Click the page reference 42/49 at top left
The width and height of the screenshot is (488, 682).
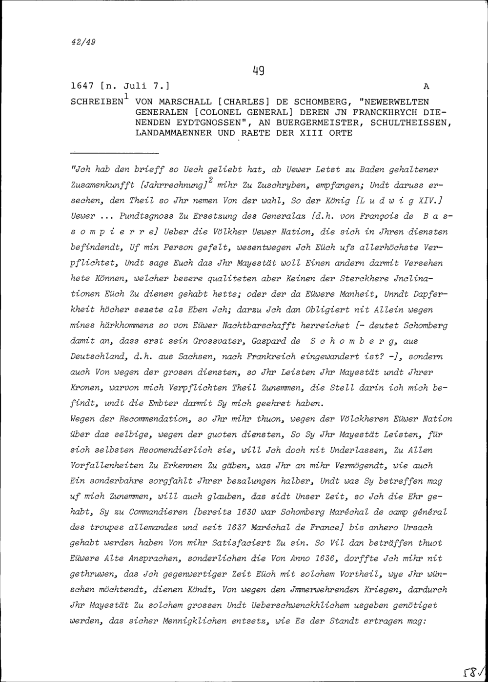[x=81, y=41]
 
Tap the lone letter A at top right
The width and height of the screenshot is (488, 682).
[x=426, y=86]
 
